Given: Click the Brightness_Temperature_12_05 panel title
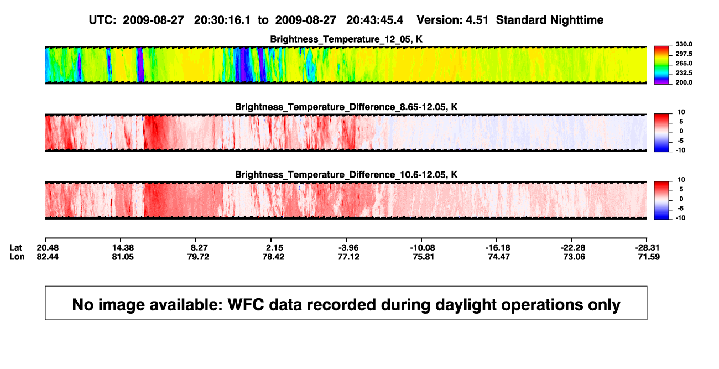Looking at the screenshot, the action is point(346,39).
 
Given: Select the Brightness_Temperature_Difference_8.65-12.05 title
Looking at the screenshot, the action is point(346,107).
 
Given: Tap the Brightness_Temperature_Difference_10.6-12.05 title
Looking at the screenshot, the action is point(346,175).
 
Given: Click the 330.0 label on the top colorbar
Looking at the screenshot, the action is point(684,44).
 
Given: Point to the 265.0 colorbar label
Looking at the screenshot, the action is point(684,63).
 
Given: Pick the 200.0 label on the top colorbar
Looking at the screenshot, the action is point(684,82).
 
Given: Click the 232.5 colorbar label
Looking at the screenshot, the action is point(684,73).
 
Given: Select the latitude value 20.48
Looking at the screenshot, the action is point(48,248).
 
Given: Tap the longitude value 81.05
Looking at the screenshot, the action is point(123,257).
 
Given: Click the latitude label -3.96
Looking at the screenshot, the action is point(348,248).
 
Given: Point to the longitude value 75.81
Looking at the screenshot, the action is point(423,257).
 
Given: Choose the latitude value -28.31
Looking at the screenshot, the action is point(647,248).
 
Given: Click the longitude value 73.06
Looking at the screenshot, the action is point(574,257).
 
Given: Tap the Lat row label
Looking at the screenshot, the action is point(15,248).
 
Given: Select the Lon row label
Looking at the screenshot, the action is point(17,257).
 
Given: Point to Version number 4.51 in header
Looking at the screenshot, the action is point(477,20).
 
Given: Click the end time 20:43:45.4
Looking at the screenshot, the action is point(374,20).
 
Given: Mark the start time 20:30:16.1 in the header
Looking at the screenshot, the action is point(222,20).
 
